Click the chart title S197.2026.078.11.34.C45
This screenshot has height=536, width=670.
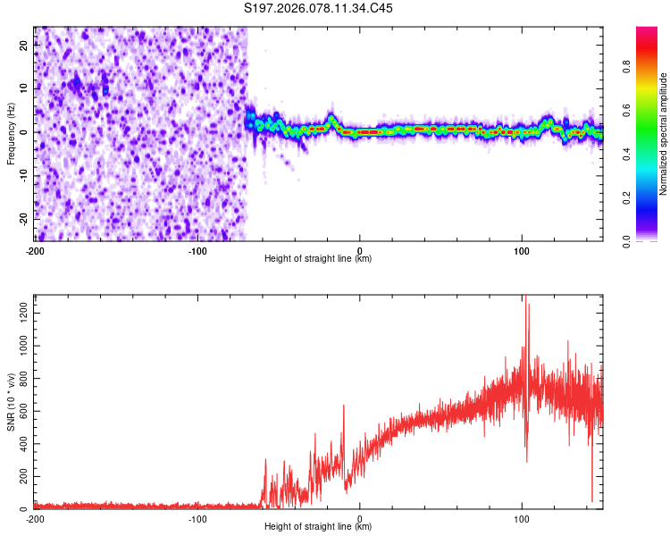(319, 8)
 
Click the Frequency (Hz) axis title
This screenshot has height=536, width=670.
(11, 133)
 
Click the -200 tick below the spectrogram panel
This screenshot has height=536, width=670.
(35, 249)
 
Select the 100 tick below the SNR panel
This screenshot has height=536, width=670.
(523, 518)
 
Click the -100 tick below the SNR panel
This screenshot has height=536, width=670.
(197, 518)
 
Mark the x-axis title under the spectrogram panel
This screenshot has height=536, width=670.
(318, 259)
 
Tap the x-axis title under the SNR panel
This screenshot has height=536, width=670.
(318, 527)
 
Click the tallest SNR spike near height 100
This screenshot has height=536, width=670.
(525, 298)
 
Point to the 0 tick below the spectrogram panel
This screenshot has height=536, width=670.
(360, 249)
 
